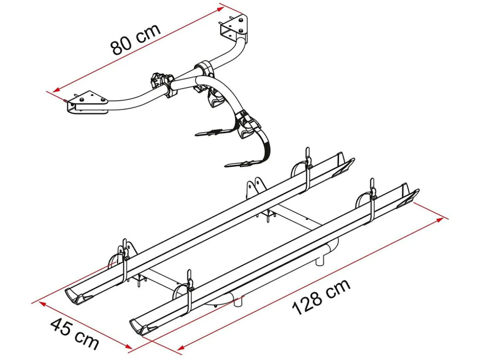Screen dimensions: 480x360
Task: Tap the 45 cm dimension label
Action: click(x=74, y=334)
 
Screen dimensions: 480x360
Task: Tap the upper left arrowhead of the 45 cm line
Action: click(x=42, y=304)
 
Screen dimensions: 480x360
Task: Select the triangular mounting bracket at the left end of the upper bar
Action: click(x=87, y=103)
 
